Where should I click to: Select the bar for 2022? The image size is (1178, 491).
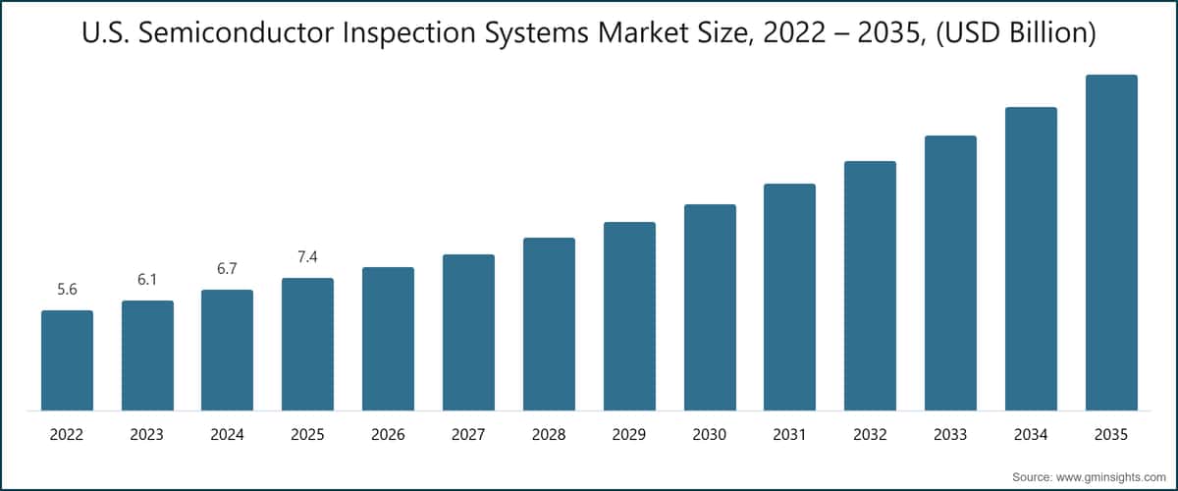67,360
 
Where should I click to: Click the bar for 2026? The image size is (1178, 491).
388,339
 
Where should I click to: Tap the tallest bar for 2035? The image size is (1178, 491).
1111,243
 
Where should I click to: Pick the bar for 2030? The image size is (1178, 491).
710,307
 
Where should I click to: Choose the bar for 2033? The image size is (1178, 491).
950,273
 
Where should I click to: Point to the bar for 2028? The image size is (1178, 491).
549,324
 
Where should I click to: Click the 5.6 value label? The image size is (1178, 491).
67,290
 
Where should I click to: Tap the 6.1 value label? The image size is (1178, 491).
147,280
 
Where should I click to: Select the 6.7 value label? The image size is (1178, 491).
227,269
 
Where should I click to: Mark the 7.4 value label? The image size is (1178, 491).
307,257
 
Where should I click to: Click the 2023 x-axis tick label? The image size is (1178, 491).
147,433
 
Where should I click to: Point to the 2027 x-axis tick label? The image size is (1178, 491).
468,433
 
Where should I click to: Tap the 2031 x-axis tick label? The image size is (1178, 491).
789,433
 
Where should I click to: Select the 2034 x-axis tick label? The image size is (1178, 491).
1031,433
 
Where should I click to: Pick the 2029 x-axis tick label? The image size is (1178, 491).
629,433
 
